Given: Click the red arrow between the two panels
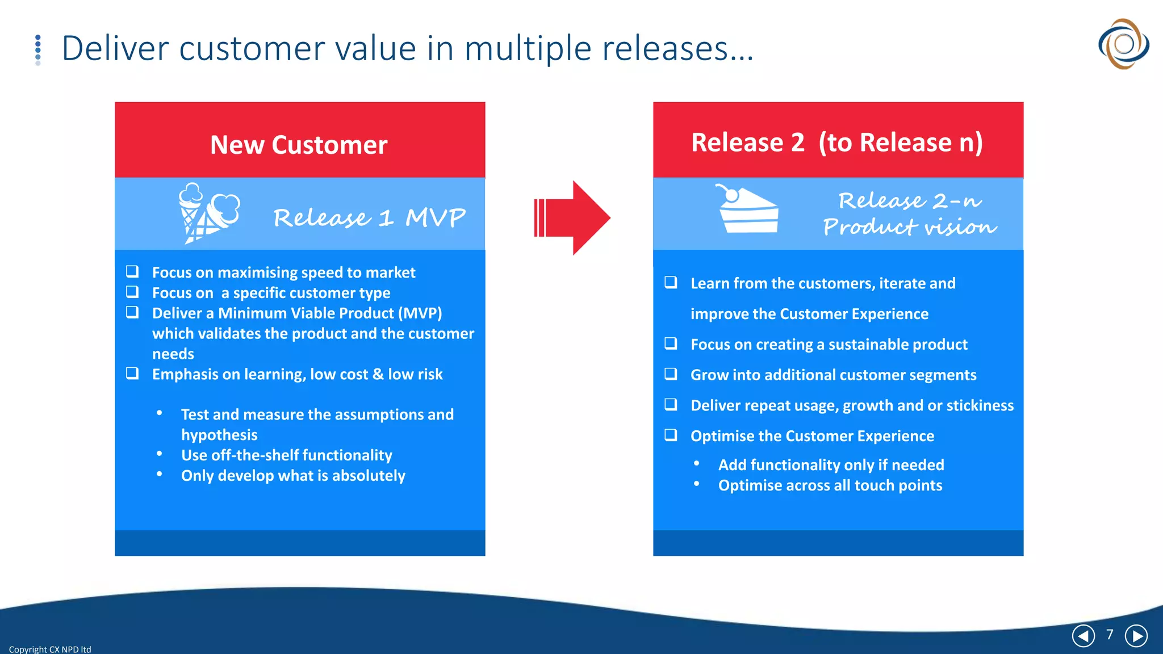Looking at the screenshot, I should [x=572, y=218].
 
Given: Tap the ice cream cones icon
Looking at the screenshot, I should [x=208, y=213].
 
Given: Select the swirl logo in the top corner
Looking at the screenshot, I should [x=1123, y=44].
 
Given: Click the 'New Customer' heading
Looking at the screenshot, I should [x=299, y=145].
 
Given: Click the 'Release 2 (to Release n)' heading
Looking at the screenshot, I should [x=837, y=142].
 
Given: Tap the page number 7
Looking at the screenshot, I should [x=1110, y=634].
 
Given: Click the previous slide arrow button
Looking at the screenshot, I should [x=1083, y=636].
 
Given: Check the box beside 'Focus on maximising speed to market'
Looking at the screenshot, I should [x=132, y=271].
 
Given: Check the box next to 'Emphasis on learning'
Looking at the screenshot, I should [x=132, y=373].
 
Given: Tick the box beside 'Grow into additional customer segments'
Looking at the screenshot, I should [x=671, y=374].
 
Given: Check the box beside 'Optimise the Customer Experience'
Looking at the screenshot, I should [x=671, y=435].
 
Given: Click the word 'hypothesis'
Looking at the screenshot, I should [x=219, y=435].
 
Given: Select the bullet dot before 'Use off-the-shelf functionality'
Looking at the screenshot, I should [x=160, y=454].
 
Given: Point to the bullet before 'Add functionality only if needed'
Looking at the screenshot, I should [x=697, y=463].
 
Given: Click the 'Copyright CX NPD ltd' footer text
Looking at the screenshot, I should [x=50, y=649].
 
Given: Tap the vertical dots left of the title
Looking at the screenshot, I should [x=38, y=50].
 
